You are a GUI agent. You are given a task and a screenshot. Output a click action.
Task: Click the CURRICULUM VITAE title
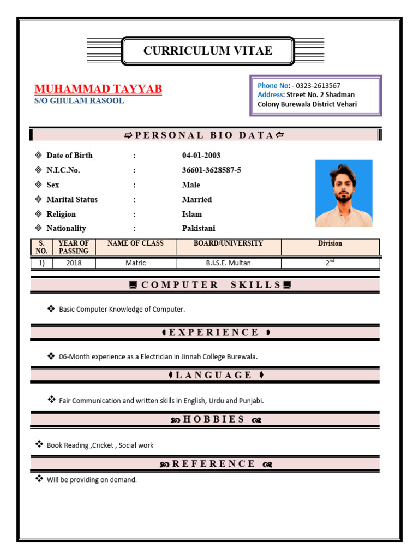[x=207, y=51]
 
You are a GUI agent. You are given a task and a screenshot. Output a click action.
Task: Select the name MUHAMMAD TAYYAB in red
[x=98, y=89]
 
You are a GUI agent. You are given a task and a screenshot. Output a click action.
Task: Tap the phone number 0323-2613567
[x=319, y=85]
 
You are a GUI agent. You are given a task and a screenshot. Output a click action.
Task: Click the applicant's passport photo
[x=344, y=193]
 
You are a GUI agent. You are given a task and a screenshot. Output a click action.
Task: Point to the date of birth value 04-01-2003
[x=201, y=156]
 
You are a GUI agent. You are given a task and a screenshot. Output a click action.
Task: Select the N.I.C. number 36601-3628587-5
[x=211, y=170]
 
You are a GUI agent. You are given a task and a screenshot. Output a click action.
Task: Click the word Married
[x=197, y=200]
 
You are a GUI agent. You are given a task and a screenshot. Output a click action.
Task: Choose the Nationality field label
[x=66, y=229]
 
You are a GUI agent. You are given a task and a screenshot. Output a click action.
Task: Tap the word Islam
[x=192, y=214]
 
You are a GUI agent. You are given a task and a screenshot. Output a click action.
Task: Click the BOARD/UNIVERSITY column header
[x=228, y=243]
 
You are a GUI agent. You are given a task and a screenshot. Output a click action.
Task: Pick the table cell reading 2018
[x=74, y=263]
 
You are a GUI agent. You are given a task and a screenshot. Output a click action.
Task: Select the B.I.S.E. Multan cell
[x=228, y=263]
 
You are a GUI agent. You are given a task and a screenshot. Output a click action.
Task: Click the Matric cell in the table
[x=135, y=263]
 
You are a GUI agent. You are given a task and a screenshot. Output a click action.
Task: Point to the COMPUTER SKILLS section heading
[x=211, y=285]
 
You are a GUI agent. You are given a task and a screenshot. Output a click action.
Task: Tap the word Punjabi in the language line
[x=252, y=401]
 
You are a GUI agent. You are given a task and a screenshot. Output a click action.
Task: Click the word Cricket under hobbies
[x=103, y=445]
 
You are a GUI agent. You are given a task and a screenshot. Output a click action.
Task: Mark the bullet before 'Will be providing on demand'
[x=39, y=479]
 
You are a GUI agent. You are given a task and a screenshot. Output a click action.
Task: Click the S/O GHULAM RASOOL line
[x=79, y=101]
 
